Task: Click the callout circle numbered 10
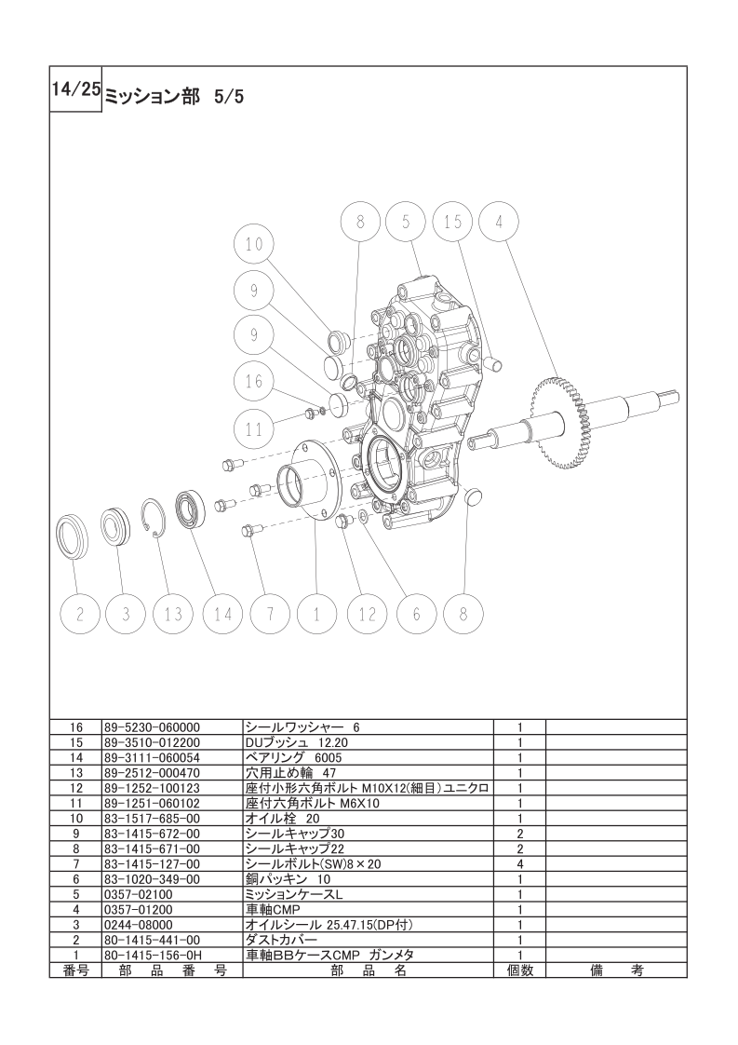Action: pyautogui.click(x=254, y=245)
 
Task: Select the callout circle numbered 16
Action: pyautogui.click(x=254, y=381)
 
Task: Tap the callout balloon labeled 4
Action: pyautogui.click(x=499, y=222)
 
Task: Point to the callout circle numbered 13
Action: pyautogui.click(x=173, y=614)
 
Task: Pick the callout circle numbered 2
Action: pyautogui.click(x=80, y=614)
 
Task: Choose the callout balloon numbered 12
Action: pyautogui.click(x=367, y=614)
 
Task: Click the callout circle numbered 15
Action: pyautogui.click(x=452, y=222)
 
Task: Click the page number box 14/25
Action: pyautogui.click(x=75, y=89)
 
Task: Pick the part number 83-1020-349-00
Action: pyautogui.click(x=148, y=878)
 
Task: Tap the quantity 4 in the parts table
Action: pyautogui.click(x=518, y=863)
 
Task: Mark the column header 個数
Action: pyautogui.click(x=518, y=970)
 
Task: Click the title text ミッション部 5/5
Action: pyautogui.click(x=174, y=95)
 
